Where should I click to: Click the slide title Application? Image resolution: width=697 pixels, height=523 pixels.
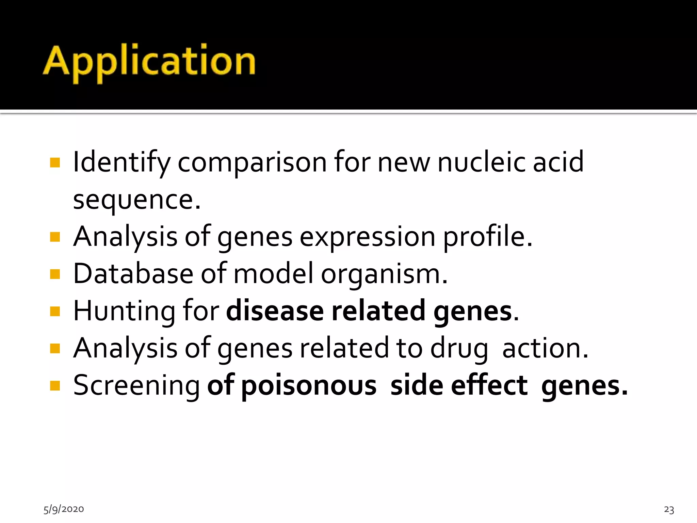coord(149,61)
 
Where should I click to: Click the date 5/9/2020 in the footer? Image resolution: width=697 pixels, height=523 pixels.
coord(64,509)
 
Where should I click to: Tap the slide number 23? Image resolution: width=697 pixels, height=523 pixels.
coord(669,509)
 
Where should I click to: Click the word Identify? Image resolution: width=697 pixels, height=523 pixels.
coord(121,163)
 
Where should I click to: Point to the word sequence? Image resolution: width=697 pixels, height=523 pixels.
coord(136,200)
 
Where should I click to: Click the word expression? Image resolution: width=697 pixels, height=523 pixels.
coord(367,237)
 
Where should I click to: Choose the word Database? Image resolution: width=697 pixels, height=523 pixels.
coord(133,274)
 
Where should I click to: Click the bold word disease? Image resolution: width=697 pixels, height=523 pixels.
coord(275,311)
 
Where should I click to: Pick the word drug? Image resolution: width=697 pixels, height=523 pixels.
coord(459,349)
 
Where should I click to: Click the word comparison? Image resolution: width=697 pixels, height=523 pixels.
coord(252,163)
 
